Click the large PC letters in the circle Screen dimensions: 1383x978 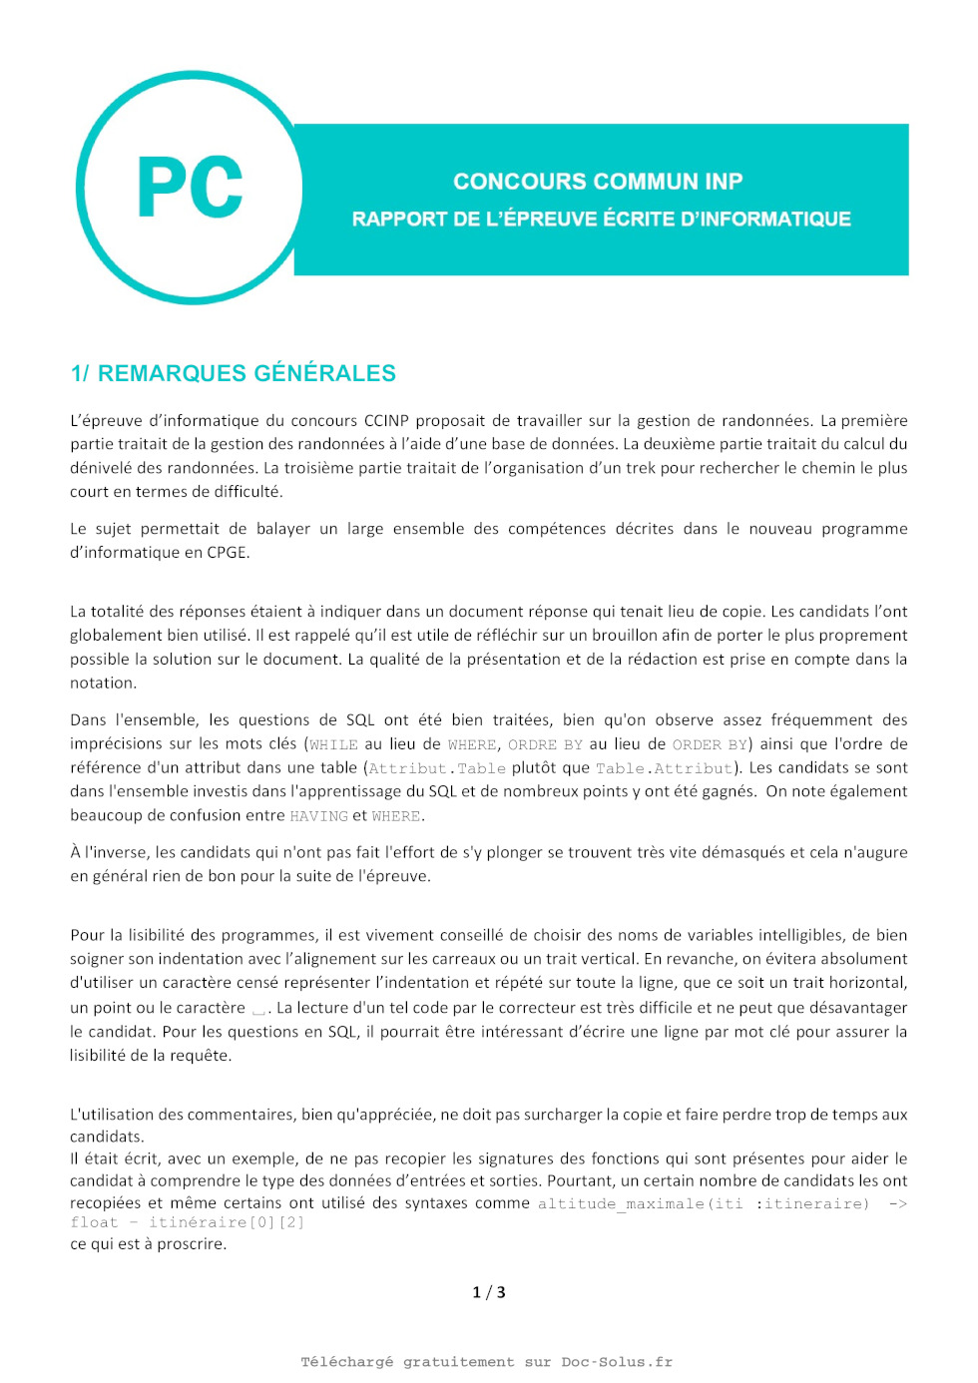[190, 188]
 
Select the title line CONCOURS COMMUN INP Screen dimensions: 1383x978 [598, 182]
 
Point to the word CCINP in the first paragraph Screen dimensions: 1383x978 [386, 421]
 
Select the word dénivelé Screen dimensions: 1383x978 [99, 468]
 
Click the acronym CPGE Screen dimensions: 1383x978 [227, 553]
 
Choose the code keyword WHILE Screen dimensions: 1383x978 [333, 744]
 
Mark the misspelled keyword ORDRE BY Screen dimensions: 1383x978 [545, 744]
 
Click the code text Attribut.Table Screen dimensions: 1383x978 [437, 768]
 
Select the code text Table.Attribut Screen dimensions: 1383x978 [664, 768]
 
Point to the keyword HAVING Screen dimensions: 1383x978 [318, 816]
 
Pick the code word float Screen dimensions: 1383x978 [94, 1222]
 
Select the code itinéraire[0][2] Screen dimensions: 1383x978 [227, 1222]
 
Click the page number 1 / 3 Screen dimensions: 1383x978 [489, 1292]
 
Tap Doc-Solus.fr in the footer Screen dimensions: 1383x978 [617, 1362]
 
